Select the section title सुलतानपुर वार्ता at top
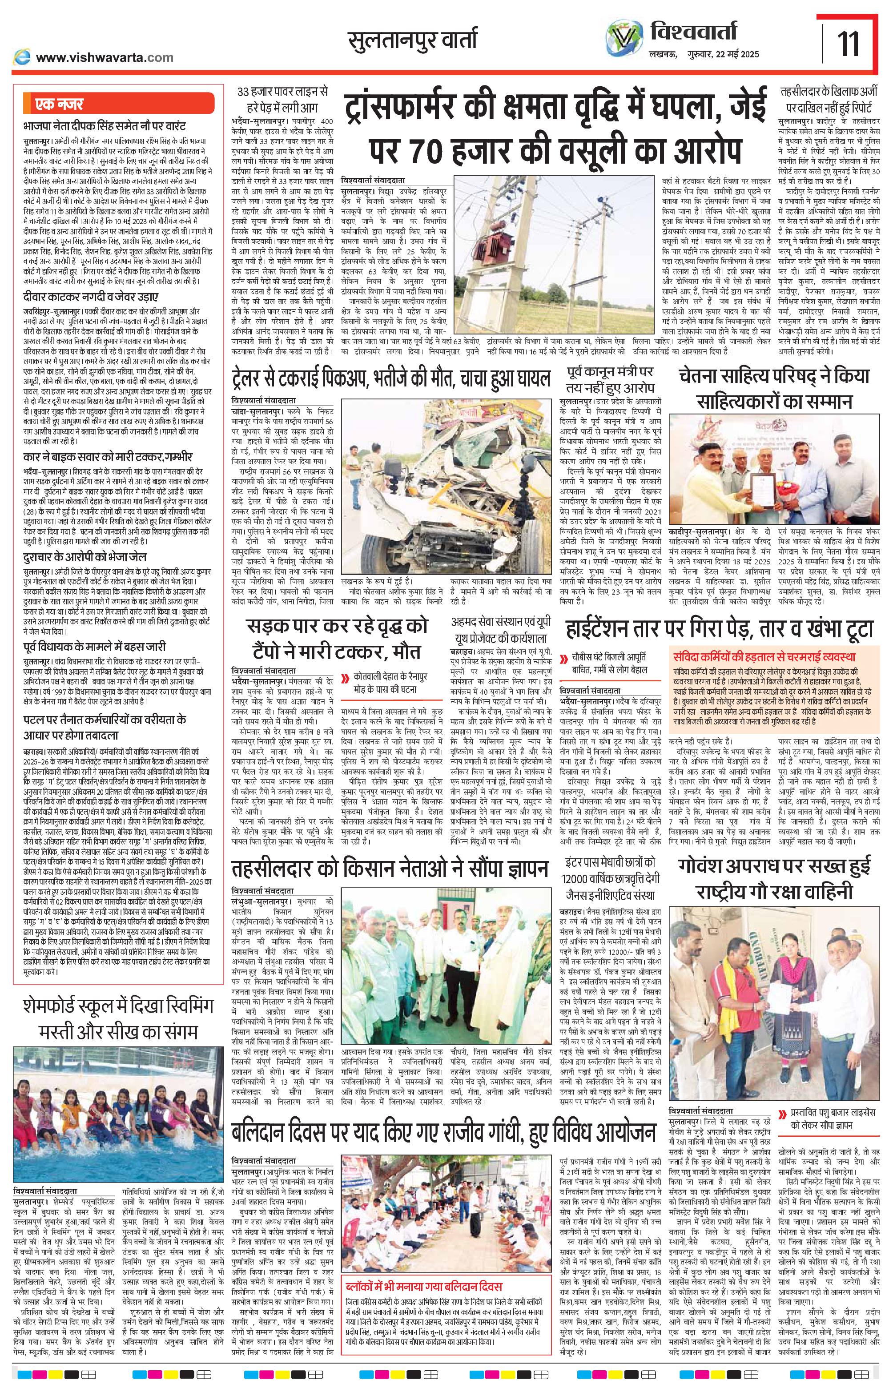point(412,40)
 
